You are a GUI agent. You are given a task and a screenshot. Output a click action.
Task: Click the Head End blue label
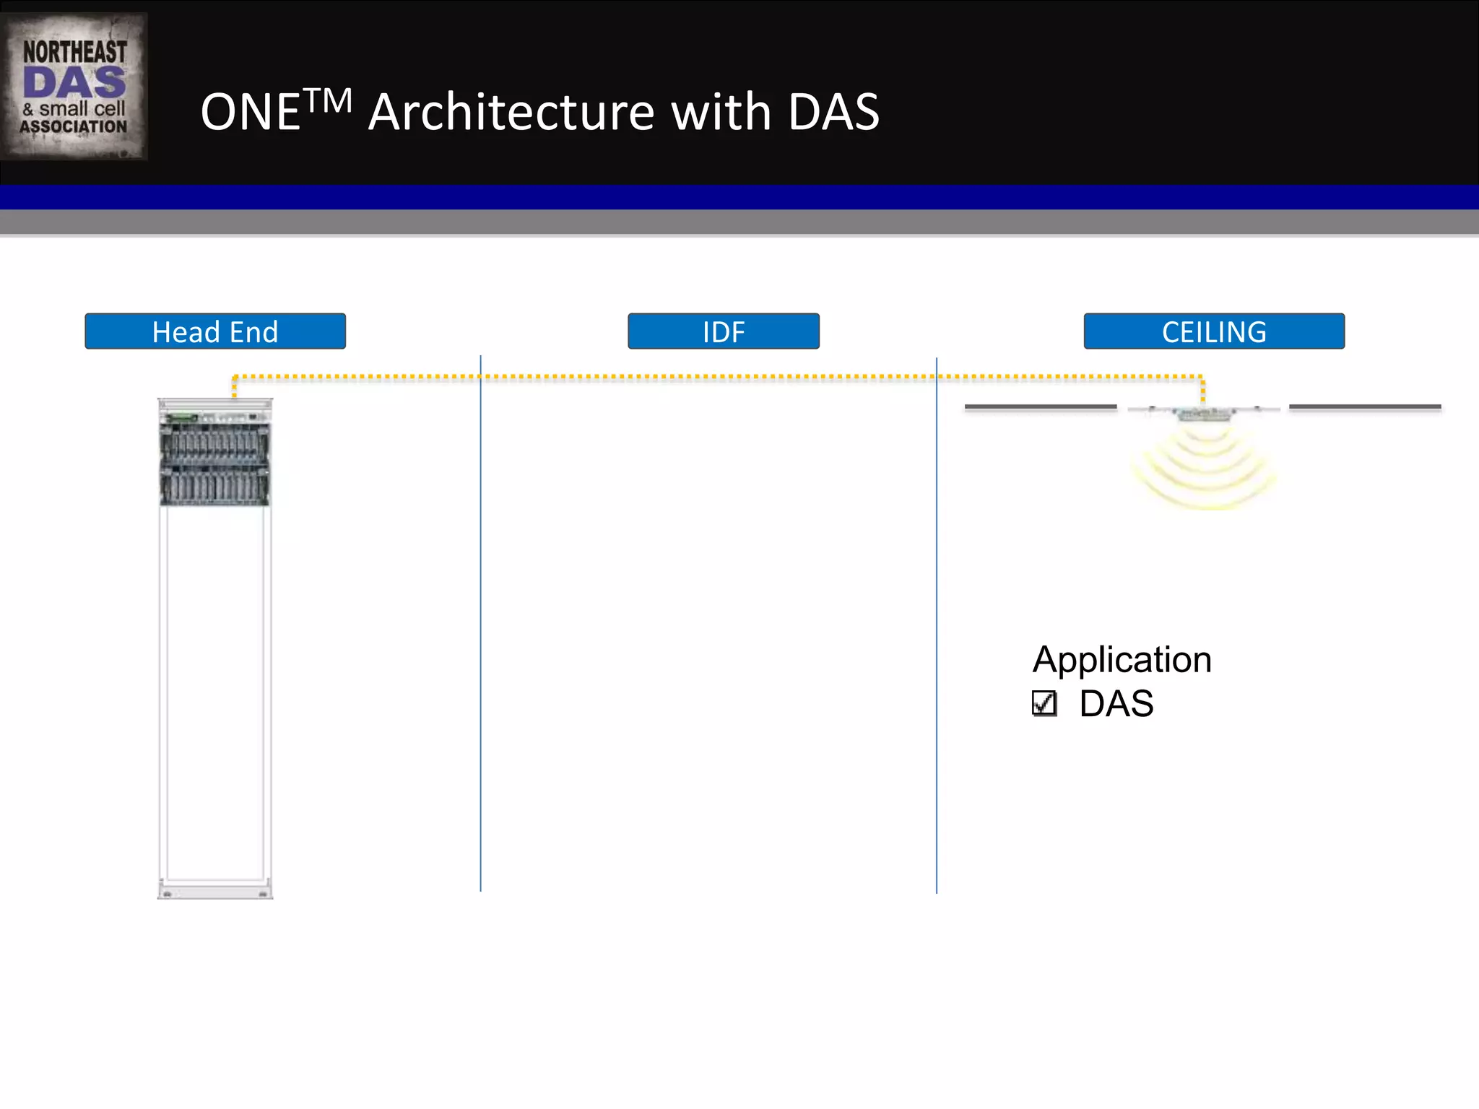tap(215, 331)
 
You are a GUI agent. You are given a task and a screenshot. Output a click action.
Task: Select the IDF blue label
tap(724, 331)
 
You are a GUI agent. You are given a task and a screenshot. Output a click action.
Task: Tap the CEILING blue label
tap(1214, 331)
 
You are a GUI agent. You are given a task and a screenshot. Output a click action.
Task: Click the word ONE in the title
tap(250, 113)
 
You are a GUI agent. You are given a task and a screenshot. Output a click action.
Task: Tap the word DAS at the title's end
tap(833, 113)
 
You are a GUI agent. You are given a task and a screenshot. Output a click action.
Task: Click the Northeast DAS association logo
tap(74, 87)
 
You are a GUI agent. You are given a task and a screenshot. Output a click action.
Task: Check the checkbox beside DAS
tap(1044, 703)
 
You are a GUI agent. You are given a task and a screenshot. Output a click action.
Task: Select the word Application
tap(1122, 660)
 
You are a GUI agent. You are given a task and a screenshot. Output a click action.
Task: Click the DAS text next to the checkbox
tap(1116, 704)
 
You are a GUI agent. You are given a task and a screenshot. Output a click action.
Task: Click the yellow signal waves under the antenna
tap(1204, 469)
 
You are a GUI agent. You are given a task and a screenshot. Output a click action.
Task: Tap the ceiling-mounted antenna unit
tap(1204, 414)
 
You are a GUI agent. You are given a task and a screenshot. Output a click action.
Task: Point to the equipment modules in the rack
tap(214, 462)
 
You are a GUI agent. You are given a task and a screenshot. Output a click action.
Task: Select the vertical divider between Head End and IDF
tap(480, 621)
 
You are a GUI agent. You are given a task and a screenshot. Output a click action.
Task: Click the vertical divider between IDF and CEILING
tap(937, 621)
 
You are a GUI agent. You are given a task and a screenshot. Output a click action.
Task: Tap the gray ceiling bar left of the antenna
tap(1041, 407)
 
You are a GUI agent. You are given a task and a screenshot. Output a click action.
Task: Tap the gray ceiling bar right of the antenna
tap(1365, 407)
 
